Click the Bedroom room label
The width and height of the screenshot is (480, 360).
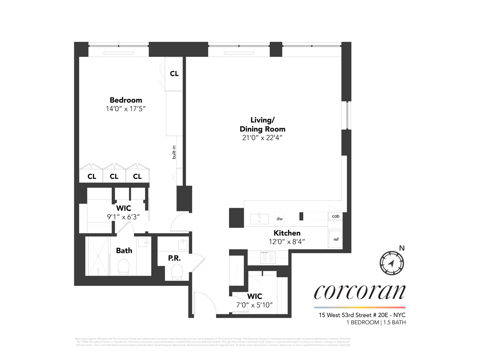126,100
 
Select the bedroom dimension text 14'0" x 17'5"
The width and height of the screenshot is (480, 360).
126,109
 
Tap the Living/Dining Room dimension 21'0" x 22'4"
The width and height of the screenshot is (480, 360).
262,138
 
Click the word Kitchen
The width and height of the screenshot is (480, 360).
287,233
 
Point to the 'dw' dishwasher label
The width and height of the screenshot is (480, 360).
280,219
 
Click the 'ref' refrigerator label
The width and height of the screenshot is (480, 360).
336,239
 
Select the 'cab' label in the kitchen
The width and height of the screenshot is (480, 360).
336,216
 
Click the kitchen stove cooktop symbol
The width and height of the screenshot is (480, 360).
268,257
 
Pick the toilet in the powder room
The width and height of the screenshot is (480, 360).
177,272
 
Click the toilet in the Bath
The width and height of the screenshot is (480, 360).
124,267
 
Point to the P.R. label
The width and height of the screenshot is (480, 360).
174,258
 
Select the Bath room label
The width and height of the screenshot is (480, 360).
124,251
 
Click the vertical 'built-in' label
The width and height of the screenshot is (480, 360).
174,152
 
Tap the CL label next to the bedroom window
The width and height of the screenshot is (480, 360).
174,73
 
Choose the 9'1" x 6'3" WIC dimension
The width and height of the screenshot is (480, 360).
123,217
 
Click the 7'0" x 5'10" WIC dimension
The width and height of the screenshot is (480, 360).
255,305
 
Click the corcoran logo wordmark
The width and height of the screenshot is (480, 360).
359,292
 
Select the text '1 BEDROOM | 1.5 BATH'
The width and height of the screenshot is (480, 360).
376,322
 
